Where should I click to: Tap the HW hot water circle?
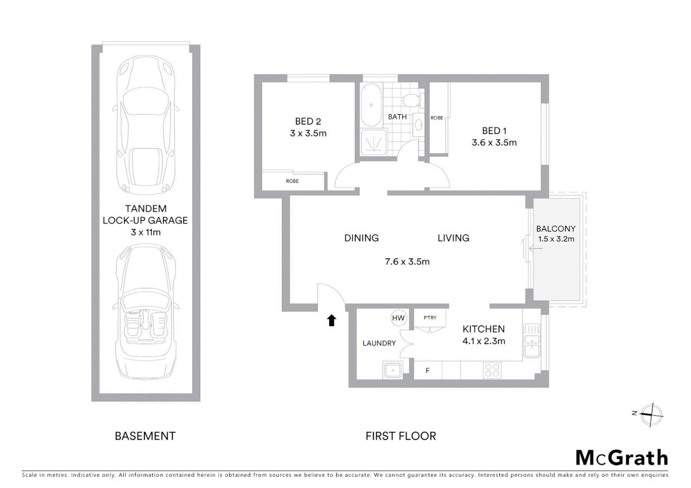click(x=398, y=318)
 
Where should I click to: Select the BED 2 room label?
click(x=308, y=121)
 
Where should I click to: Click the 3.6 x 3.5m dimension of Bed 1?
click(x=494, y=142)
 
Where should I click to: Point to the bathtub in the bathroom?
click(x=371, y=105)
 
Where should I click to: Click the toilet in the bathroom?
click(x=412, y=99)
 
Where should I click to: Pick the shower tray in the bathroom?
click(x=374, y=142)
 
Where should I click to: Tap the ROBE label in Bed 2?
click(x=292, y=181)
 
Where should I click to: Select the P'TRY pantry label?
click(x=430, y=318)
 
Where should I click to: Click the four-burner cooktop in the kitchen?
click(x=492, y=371)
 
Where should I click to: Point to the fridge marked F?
click(x=427, y=371)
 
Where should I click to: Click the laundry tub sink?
click(x=393, y=370)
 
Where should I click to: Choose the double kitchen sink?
click(x=532, y=341)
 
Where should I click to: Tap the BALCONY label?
click(x=556, y=229)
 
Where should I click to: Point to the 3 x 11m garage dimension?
click(x=146, y=232)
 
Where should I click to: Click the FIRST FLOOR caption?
click(x=401, y=436)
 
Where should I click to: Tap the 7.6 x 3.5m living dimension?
click(x=407, y=262)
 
